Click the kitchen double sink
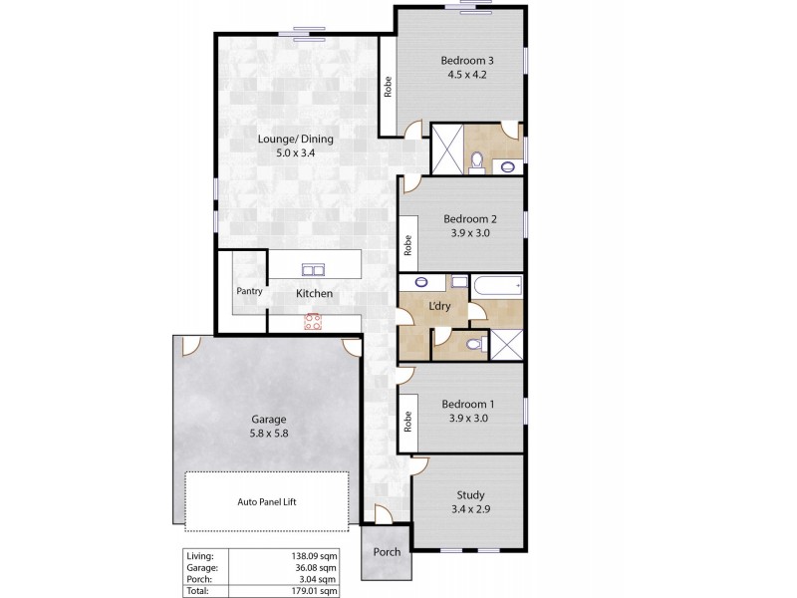pos(312,269)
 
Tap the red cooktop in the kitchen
pos(313,320)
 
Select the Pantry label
pos(248,292)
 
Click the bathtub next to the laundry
pos(497,287)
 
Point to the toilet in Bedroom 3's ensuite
pos(476,159)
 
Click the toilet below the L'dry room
pos(476,344)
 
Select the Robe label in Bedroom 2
pos(406,244)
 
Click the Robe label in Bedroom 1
pos(406,421)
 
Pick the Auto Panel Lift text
pos(267,502)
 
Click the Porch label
pos(386,552)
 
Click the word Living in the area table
pos(199,556)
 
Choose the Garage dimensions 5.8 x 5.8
pos(267,435)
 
